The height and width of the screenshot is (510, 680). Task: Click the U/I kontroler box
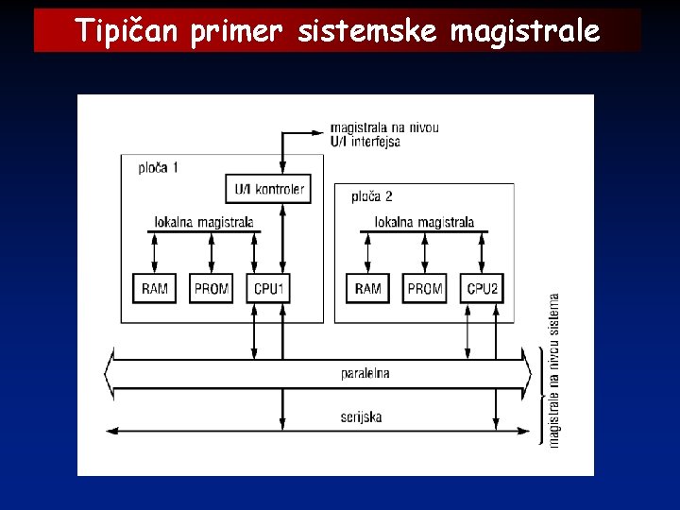269,189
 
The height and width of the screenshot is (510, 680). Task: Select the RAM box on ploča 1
155,288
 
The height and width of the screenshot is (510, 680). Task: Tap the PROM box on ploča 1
212,288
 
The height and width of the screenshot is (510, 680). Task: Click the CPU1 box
269,288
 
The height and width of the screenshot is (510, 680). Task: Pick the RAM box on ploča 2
367,288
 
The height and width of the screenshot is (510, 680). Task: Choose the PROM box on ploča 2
425,288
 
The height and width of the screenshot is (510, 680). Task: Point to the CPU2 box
483,288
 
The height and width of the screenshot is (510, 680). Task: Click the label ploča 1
158,168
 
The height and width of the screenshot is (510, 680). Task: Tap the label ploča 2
371,196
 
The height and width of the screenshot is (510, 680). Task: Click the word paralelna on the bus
365,373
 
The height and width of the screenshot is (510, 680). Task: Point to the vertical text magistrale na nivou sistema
554,368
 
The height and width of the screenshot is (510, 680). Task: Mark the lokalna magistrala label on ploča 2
424,223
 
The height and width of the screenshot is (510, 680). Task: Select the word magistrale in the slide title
524,31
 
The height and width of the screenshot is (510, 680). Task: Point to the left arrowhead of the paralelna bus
110,374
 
